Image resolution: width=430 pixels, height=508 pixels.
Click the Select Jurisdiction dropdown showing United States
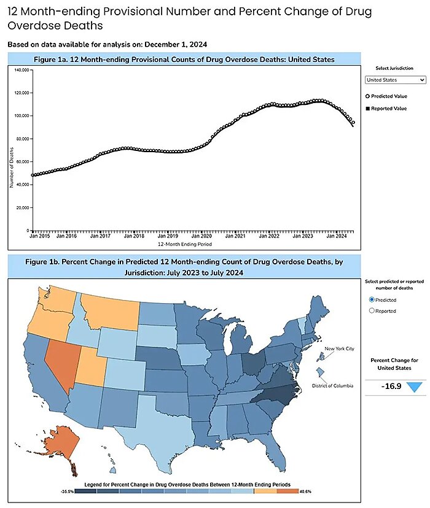395,80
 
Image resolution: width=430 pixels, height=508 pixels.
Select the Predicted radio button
371,299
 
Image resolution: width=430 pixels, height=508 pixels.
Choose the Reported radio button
371,310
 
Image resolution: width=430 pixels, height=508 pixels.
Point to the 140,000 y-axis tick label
21,70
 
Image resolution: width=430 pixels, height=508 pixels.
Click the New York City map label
340,348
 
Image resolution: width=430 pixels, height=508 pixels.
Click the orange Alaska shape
61,444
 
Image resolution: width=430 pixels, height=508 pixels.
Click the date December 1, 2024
178,44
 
